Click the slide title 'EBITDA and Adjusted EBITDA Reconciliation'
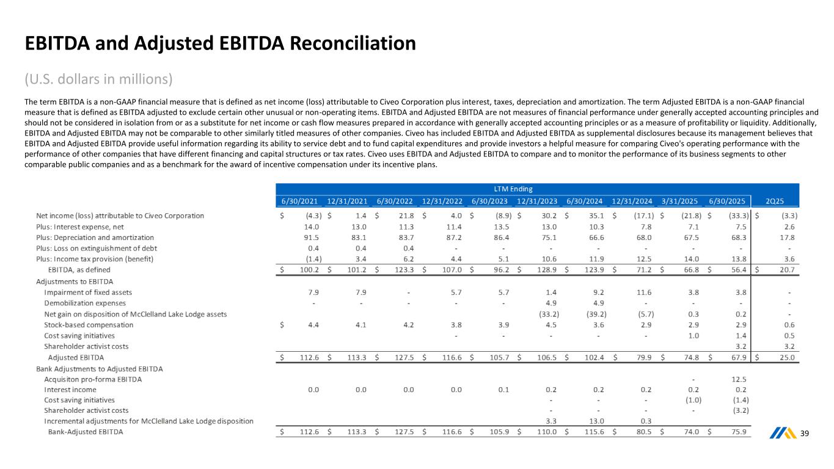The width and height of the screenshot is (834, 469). pos(220,43)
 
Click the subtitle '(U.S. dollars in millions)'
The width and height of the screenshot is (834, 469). pos(98,79)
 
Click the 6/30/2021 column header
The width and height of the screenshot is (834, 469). pos(299,200)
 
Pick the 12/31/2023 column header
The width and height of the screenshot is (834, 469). pos(537,200)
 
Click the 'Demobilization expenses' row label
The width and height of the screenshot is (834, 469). pos(85,303)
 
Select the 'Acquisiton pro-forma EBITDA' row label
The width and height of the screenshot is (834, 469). pos(93,379)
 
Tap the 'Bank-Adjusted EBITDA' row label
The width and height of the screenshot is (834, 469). pos(86,432)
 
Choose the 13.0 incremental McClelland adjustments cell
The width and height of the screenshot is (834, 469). pos(596,421)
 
